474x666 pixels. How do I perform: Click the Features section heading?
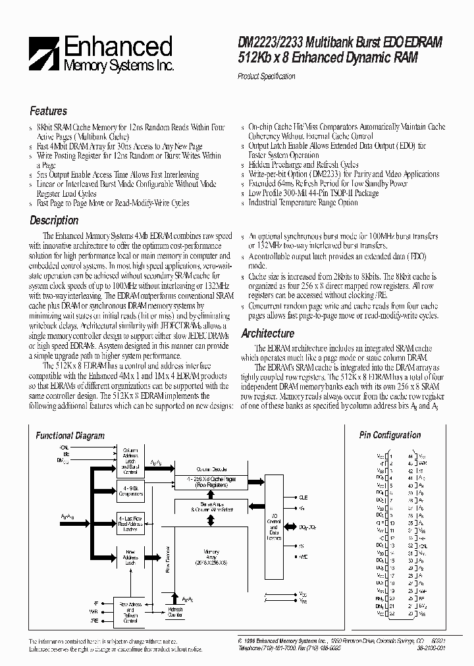click(48, 111)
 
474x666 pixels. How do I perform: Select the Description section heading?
click(54, 220)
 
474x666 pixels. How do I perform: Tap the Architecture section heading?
click(267, 334)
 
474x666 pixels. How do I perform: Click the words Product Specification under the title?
click(266, 76)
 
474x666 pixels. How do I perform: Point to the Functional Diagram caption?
click(70, 436)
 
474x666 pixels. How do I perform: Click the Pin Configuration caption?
click(390, 435)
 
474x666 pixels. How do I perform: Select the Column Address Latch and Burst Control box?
click(130, 460)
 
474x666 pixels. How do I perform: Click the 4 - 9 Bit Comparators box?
click(130, 490)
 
